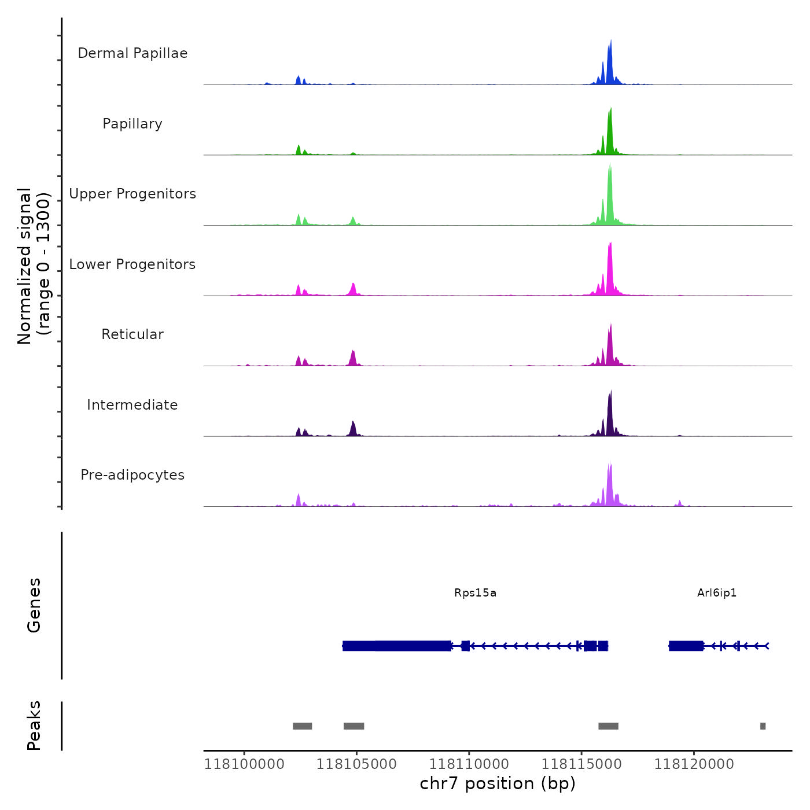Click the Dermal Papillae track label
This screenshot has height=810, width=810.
coord(132,53)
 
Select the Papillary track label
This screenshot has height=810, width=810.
coord(132,124)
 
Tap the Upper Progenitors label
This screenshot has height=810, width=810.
coord(132,194)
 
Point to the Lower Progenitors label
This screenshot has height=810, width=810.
coord(132,264)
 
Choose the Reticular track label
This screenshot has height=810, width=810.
coord(132,334)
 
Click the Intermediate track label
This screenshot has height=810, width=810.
coord(132,405)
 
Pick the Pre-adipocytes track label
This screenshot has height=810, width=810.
coord(132,475)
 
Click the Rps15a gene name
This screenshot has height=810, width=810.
coord(475,593)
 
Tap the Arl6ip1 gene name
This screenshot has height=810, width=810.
coord(717,593)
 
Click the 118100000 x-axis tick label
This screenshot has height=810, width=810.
coord(244,764)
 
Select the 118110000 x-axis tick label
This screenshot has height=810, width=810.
coord(469,764)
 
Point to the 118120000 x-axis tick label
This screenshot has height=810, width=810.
coord(694,764)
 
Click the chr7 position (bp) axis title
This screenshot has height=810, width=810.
coord(498,783)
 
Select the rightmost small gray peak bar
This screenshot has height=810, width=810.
coord(763,726)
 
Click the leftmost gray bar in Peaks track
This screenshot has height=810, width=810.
coord(302,726)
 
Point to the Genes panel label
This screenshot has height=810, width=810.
coord(34,605)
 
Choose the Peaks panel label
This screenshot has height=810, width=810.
coord(34,726)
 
